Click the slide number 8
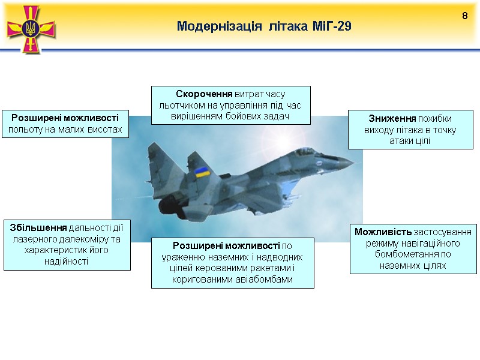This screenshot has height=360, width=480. (x=464, y=15)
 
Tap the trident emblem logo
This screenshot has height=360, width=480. (x=31, y=28)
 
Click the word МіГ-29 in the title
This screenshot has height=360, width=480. (x=331, y=26)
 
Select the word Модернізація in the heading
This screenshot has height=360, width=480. (x=220, y=26)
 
